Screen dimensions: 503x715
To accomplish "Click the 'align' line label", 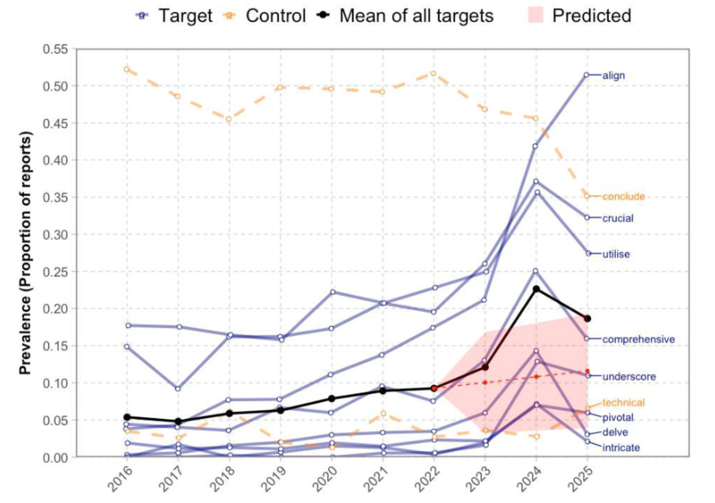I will (x=613, y=76).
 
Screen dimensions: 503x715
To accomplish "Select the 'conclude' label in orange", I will (x=623, y=197).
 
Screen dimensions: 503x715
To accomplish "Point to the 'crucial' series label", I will (x=618, y=219).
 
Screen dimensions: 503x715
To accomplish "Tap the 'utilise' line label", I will (x=616, y=254).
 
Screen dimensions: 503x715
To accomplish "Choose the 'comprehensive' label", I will (x=638, y=339).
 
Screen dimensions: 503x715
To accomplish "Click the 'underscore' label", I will (x=629, y=377).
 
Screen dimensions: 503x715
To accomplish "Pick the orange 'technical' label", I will (x=623, y=403).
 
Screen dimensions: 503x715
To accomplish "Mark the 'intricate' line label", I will (x=621, y=448).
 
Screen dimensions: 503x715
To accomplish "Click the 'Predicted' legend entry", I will (x=592, y=16).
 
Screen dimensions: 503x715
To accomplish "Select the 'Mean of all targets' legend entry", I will (x=416, y=16).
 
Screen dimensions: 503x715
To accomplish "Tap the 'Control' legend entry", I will (x=275, y=16).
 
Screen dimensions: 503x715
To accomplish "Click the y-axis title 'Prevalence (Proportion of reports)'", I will (x=25, y=253).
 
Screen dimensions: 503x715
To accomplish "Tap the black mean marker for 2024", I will (x=536, y=289).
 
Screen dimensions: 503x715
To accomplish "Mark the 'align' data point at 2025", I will (x=587, y=75).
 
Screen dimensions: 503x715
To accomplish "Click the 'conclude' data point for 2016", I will (x=127, y=70).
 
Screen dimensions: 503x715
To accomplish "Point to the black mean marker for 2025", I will (x=587, y=319).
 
